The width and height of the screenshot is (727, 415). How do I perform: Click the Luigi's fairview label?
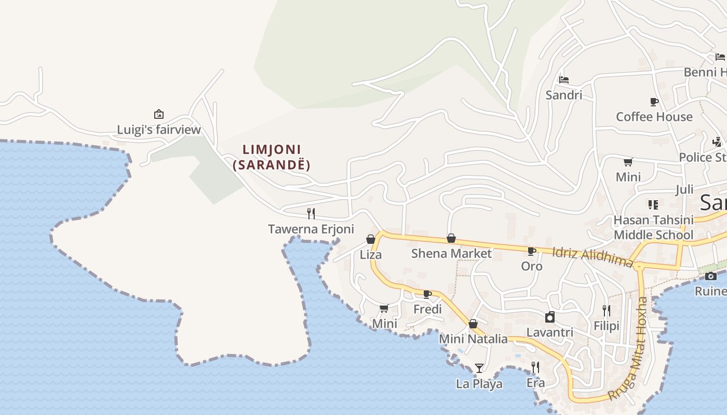coord(158,130)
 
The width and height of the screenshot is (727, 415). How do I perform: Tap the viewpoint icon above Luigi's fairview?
coord(159,114)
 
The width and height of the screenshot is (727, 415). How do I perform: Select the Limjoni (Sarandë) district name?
coord(272,157)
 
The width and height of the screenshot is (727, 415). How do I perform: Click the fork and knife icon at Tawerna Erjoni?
coord(311,213)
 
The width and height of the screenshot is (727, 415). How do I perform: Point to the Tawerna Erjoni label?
coord(311,229)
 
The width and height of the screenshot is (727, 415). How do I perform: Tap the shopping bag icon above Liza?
coord(371,239)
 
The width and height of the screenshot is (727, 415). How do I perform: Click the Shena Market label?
coord(451,253)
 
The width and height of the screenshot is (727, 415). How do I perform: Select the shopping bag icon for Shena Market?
coord(451,238)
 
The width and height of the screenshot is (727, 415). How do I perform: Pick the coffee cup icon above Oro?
coord(532,251)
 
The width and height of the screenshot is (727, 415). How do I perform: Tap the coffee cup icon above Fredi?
coord(427,294)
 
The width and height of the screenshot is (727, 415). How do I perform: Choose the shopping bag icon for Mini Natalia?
coord(473,324)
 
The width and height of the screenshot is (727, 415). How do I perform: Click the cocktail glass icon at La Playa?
coord(479,368)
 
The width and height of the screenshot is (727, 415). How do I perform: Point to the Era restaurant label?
coord(535,383)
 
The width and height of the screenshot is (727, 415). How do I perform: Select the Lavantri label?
coord(550,332)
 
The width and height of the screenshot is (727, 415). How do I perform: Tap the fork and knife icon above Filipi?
coord(607,310)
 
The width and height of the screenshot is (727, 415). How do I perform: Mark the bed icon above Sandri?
coord(564,80)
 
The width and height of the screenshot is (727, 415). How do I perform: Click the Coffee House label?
coord(654,117)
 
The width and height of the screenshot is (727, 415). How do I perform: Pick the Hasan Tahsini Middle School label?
coord(653,227)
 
